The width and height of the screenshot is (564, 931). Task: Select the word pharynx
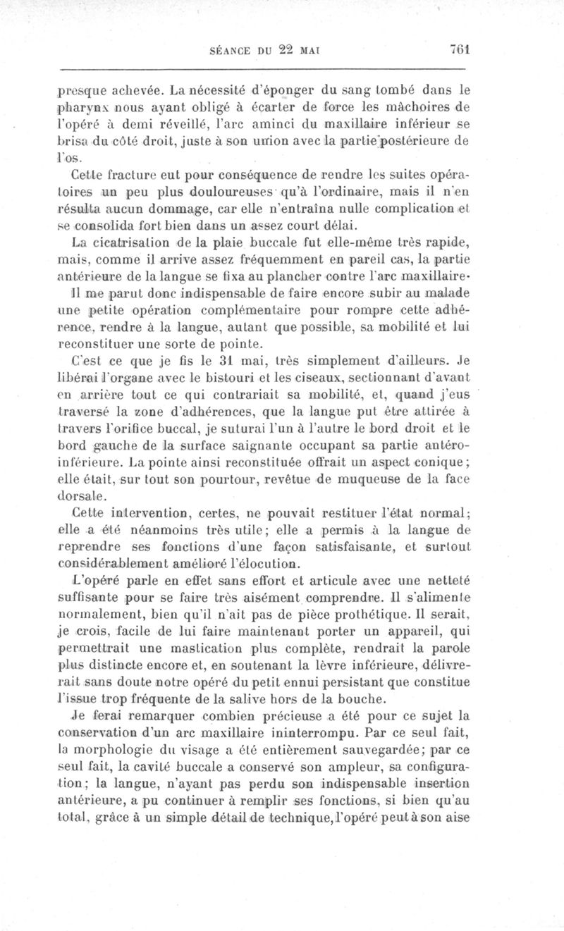82,109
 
